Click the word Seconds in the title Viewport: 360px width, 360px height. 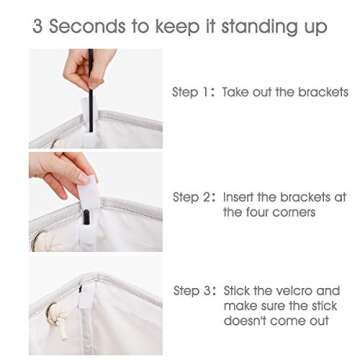(x=89, y=27)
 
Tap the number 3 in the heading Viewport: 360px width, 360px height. (x=38, y=27)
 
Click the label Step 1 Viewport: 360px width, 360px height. (x=192, y=92)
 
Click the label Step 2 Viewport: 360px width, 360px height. (x=192, y=198)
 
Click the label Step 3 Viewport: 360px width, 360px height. (x=192, y=290)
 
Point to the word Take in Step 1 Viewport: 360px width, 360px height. (x=237, y=92)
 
